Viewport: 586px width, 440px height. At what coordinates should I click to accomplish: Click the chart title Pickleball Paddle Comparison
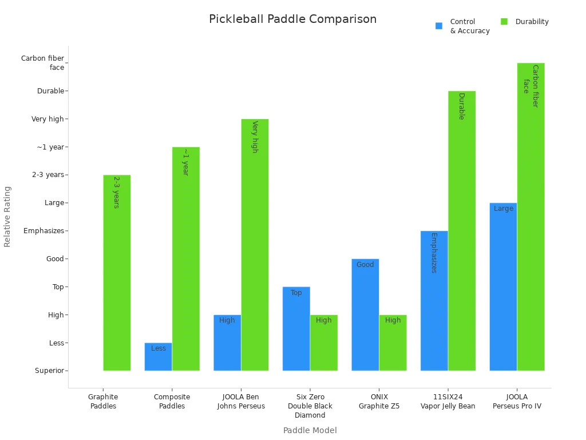(292, 19)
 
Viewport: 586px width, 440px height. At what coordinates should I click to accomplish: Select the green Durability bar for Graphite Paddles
(117, 273)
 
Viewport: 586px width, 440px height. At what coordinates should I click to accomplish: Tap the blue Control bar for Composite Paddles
(158, 357)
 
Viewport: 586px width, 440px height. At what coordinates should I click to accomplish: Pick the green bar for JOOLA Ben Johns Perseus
(255, 245)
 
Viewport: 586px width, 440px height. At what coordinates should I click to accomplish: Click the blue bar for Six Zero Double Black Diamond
(296, 329)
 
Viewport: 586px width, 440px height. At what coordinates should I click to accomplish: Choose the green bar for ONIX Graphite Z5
(393, 343)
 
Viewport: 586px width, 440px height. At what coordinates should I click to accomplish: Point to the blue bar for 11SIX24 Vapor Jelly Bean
(434, 301)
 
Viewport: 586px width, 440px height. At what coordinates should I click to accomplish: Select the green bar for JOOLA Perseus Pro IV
(530, 217)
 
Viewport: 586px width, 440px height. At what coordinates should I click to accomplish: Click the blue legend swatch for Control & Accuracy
(439, 26)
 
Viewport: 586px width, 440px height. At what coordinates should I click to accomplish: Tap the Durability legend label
(532, 22)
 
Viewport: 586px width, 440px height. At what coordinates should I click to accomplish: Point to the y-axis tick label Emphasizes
(43, 231)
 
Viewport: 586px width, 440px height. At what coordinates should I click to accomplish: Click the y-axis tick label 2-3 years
(48, 175)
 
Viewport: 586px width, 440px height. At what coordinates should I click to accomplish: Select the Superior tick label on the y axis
(49, 371)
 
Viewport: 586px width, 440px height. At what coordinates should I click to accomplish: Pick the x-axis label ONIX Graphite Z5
(379, 402)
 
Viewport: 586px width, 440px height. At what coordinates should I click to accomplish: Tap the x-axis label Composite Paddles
(172, 402)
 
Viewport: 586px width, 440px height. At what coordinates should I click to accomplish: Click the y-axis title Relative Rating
(7, 217)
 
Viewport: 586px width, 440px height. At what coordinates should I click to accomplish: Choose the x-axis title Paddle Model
(310, 430)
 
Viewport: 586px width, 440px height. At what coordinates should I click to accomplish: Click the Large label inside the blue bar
(504, 209)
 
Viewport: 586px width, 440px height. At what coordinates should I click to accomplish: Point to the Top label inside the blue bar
(296, 293)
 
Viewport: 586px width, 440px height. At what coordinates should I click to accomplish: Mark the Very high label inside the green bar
(255, 136)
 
